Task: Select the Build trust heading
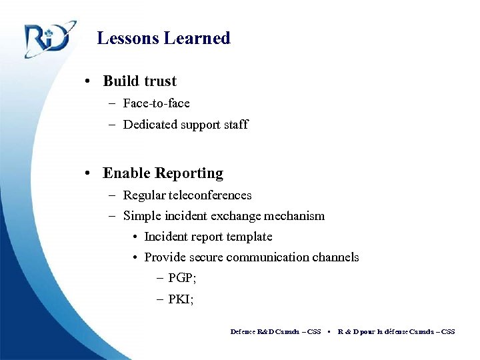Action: [139, 81]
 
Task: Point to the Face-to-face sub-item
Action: [156, 103]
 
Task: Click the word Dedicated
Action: [151, 124]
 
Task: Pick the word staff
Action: [235, 124]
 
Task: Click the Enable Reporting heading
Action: [163, 173]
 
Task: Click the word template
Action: [249, 237]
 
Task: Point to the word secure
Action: [203, 257]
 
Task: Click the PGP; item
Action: [182, 278]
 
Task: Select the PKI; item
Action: [181, 299]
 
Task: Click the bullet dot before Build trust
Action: [88, 82]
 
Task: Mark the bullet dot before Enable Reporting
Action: [88, 174]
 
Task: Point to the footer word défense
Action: [396, 331]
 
